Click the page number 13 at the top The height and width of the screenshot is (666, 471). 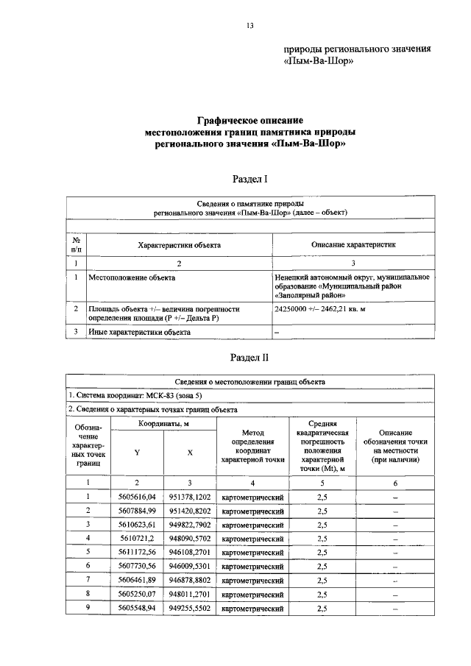(x=249, y=26)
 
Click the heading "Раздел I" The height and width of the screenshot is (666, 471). (x=249, y=179)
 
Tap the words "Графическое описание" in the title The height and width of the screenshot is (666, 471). (x=249, y=120)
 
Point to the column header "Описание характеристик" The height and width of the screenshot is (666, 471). (x=353, y=244)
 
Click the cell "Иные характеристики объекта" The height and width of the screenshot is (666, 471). (x=140, y=332)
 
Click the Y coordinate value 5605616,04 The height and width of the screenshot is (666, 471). (x=136, y=498)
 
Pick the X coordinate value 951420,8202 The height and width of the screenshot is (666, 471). (x=190, y=510)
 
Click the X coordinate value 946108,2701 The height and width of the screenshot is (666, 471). (x=190, y=550)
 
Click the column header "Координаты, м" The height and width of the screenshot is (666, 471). (x=163, y=425)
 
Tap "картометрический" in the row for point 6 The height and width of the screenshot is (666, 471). (x=252, y=567)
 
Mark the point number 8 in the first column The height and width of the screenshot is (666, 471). (x=88, y=593)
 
